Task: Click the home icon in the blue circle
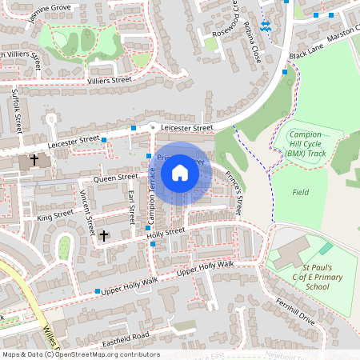click(x=180, y=172)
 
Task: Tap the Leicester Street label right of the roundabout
click(x=186, y=127)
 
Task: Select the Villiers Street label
click(x=109, y=81)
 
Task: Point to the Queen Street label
click(x=117, y=177)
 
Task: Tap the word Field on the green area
click(x=301, y=193)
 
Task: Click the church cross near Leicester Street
click(x=34, y=160)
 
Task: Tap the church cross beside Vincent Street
click(x=103, y=236)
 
